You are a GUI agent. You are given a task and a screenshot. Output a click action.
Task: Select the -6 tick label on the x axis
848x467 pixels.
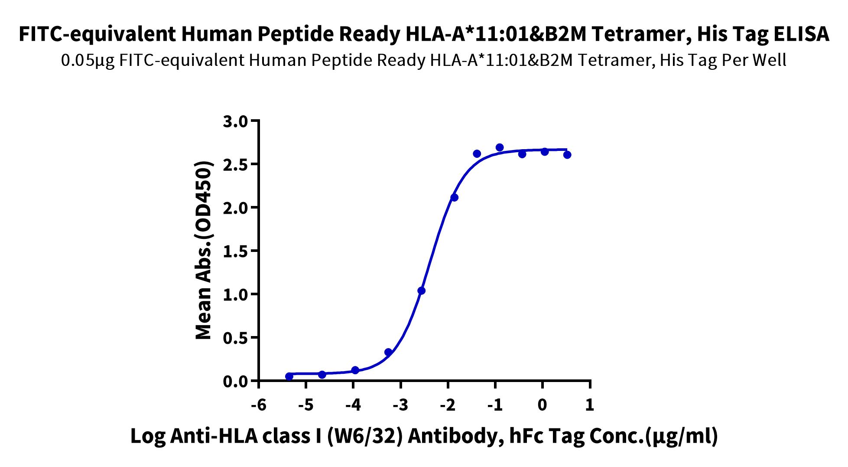258,405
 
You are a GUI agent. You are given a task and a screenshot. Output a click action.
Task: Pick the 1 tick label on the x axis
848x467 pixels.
589,405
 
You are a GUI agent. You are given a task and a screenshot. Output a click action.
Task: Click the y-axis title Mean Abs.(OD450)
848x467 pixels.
204,251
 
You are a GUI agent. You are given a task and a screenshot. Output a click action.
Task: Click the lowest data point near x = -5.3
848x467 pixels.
289,376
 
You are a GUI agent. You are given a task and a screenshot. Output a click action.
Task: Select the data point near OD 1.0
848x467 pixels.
421,291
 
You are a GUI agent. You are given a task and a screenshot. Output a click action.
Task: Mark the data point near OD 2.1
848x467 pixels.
454,198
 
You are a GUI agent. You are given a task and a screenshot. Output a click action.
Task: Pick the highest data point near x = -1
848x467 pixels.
500,147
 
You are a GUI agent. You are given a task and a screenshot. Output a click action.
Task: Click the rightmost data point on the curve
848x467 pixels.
567,155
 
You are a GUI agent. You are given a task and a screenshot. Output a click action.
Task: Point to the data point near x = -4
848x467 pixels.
355,370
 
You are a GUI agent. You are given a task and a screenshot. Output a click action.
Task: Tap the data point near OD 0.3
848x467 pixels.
388,352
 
